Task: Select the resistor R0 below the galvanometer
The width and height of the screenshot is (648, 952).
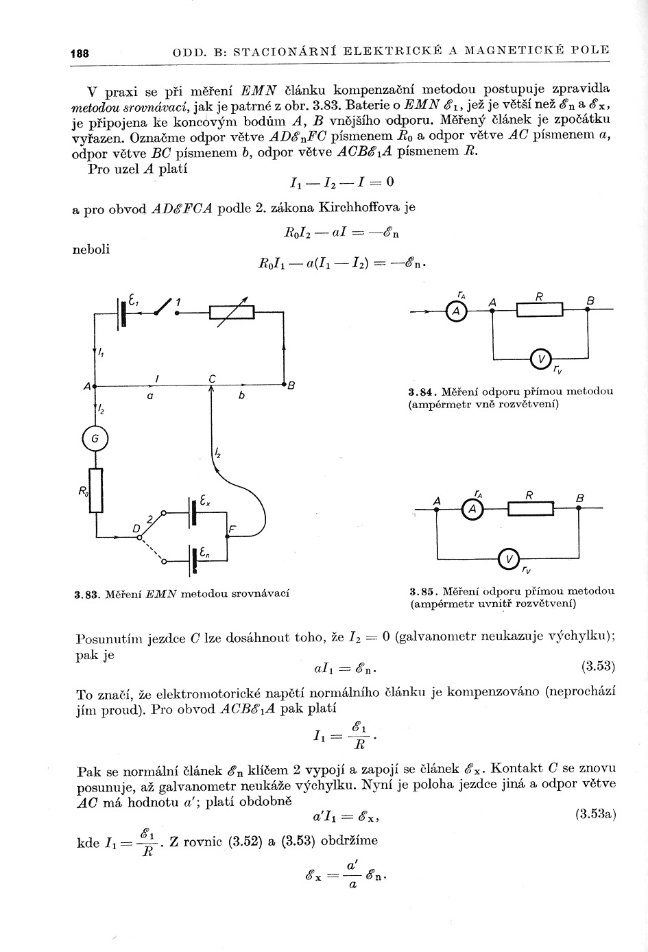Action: pyautogui.click(x=96, y=491)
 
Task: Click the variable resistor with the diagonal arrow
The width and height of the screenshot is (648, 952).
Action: pyautogui.click(x=232, y=312)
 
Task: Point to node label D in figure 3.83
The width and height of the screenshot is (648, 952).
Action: pyautogui.click(x=136, y=528)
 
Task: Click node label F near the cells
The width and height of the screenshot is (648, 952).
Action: pyautogui.click(x=233, y=529)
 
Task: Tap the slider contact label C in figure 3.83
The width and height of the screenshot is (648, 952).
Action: pyautogui.click(x=213, y=378)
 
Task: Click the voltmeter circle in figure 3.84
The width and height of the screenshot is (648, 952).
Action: pyautogui.click(x=542, y=359)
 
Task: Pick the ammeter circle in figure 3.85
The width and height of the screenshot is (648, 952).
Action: pyautogui.click(x=471, y=508)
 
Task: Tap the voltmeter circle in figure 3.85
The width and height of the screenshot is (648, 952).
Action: pyautogui.click(x=509, y=560)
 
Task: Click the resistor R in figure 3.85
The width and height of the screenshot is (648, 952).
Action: pyautogui.click(x=531, y=508)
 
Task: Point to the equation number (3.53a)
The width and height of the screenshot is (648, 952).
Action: pyautogui.click(x=595, y=814)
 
